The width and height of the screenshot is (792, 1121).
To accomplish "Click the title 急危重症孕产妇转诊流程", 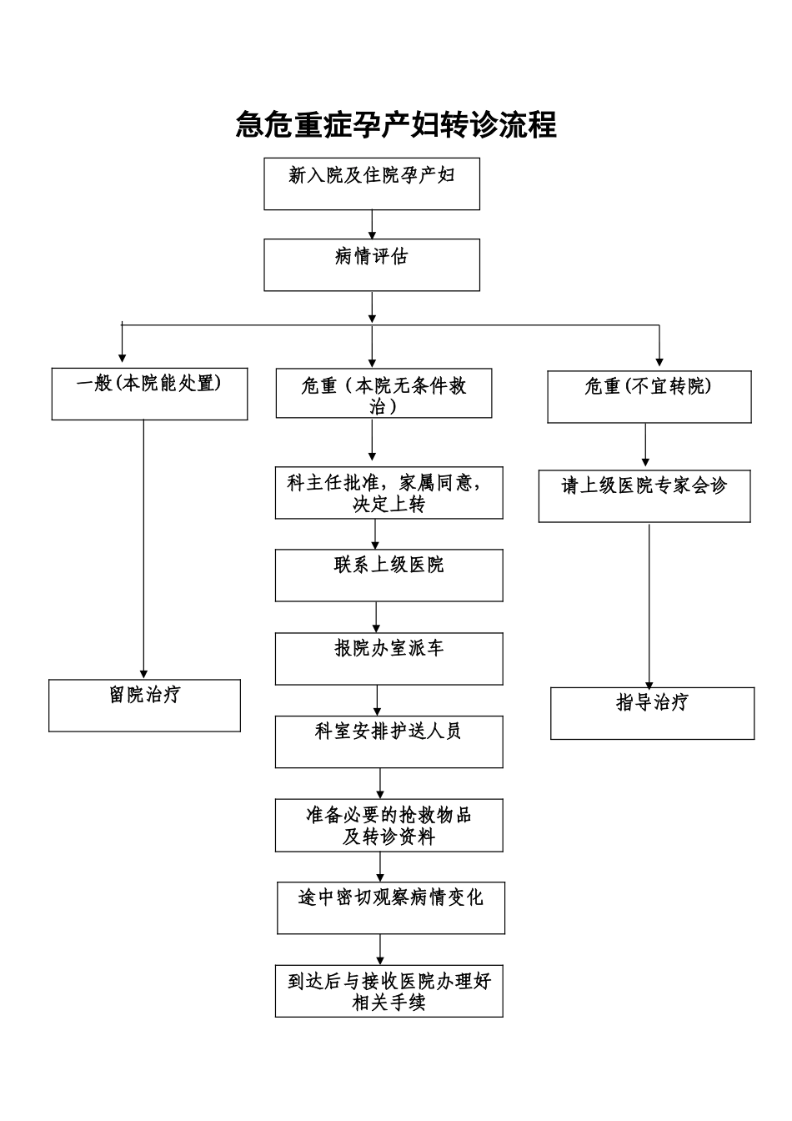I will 396,125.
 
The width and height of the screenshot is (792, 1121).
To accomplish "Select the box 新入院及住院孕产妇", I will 372,183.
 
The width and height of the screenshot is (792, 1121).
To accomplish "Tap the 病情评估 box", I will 372,265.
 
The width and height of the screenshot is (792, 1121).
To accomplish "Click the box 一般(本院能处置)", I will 149,394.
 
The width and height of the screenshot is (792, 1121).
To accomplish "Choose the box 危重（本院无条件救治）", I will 383,394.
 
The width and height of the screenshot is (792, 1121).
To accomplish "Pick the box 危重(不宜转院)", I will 649,397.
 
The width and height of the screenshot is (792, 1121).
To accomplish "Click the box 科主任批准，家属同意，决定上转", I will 389,493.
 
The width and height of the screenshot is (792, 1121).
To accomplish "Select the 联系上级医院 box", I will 389,576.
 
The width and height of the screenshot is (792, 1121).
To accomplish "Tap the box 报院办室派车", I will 389,659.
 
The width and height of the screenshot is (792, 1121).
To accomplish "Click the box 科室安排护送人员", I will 389,741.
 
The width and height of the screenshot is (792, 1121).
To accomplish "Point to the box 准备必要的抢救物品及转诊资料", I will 389,826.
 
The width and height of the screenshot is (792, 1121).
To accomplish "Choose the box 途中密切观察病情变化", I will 391,908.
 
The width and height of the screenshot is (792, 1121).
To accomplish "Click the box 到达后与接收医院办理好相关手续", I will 389,991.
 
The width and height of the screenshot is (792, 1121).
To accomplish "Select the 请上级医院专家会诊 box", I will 644,496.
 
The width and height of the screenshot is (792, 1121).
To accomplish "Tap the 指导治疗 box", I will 652,713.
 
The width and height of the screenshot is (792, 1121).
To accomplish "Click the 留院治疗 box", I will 145,706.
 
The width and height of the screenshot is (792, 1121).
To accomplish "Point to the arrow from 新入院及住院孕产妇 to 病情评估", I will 372,224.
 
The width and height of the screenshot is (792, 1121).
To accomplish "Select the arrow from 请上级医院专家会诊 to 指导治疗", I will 649,605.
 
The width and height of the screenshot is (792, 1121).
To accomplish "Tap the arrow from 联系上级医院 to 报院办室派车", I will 377,617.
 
